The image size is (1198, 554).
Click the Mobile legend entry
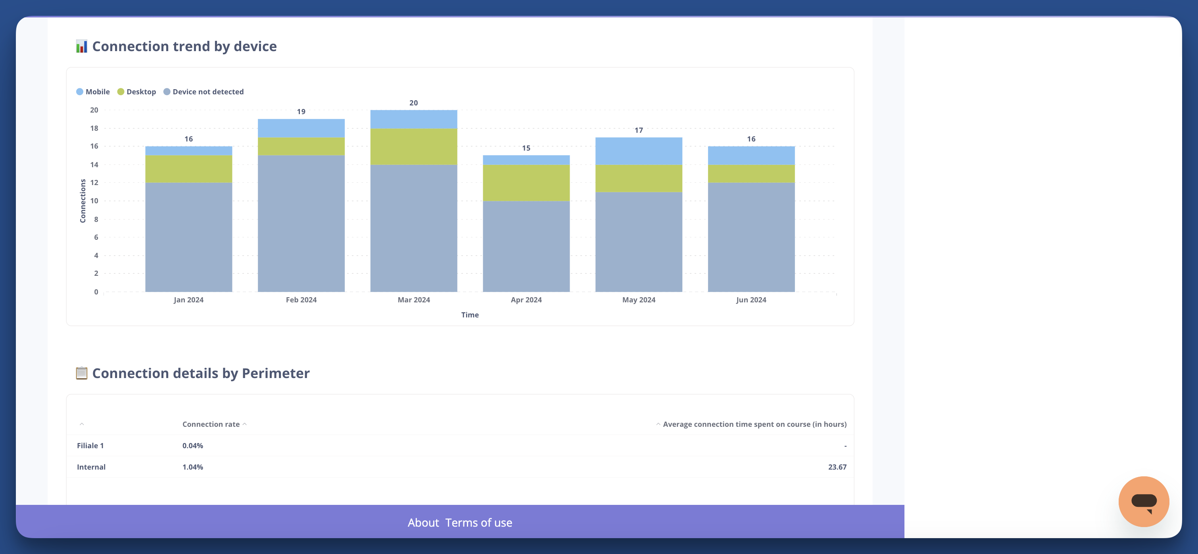(93, 92)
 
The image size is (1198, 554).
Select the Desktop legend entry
(137, 92)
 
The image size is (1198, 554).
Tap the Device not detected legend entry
(204, 92)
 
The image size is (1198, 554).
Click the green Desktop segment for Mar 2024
(413, 146)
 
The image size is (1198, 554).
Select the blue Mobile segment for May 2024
(639, 151)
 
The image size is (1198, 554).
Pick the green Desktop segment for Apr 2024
(526, 183)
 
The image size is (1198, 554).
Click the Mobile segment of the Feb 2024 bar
(301, 128)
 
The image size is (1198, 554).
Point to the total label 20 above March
(413, 103)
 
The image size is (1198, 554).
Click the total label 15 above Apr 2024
(526, 148)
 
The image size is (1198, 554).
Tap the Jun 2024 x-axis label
(751, 300)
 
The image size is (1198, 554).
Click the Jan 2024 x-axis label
(188, 300)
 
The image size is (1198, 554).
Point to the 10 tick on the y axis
(94, 201)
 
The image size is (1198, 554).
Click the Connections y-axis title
(83, 201)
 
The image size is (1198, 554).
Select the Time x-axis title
(470, 315)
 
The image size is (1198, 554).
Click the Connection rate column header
(211, 424)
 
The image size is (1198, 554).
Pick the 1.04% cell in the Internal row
(192, 467)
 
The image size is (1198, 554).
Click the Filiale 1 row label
(90, 445)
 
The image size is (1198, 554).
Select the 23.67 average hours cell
(837, 467)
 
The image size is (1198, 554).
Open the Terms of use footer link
(478, 522)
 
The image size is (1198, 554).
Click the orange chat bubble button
(1143, 501)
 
